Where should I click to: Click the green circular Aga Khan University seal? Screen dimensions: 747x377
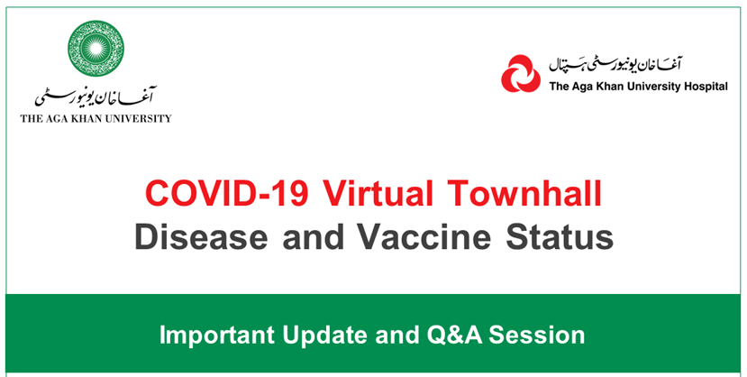(96, 48)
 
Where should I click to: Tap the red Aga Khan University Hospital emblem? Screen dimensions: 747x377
(521, 73)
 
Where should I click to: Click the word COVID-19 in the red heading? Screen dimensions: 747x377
(227, 194)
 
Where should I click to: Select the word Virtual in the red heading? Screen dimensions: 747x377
(378, 194)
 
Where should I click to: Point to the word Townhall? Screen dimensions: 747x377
(525, 194)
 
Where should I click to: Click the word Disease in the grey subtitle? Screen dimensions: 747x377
(201, 236)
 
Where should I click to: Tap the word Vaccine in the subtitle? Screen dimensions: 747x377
(424, 236)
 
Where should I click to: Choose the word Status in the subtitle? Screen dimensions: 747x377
(560, 236)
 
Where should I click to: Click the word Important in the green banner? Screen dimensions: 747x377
(217, 336)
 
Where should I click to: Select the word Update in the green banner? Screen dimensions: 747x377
(325, 336)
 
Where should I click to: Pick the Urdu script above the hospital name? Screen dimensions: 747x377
(616, 64)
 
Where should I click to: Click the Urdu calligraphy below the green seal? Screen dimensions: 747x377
(96, 97)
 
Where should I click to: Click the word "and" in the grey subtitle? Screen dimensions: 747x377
(313, 236)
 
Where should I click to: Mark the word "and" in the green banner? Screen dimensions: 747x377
(396, 335)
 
